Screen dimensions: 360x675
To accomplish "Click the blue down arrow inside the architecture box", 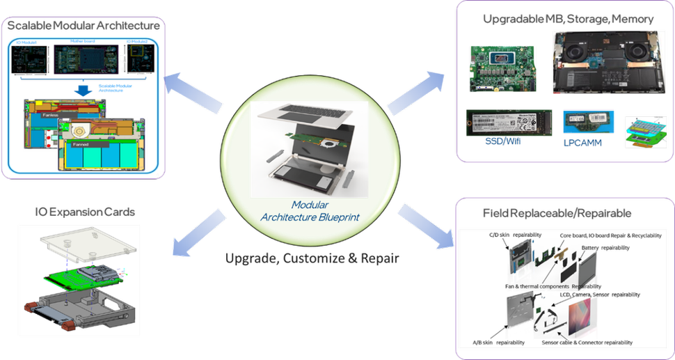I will pyautogui.click(x=82, y=89).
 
